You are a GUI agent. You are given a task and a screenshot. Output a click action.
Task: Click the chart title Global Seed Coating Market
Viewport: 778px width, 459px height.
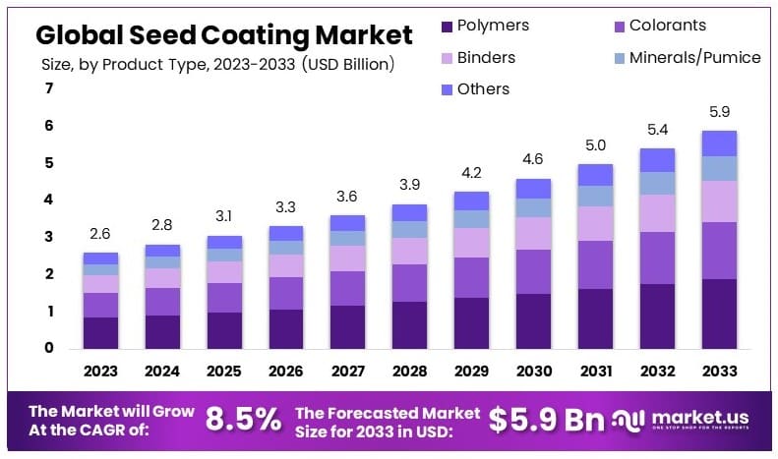click(224, 35)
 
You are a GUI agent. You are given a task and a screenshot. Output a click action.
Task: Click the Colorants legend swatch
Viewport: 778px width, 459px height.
click(619, 26)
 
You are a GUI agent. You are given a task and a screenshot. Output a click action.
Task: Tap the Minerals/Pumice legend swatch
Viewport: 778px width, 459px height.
click(619, 57)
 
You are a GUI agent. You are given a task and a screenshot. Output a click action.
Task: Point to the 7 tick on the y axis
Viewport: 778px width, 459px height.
click(48, 89)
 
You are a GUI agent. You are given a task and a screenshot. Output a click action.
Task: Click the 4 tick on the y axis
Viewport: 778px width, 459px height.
click(48, 200)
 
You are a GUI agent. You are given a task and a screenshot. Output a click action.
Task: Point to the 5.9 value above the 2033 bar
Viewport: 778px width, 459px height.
click(719, 113)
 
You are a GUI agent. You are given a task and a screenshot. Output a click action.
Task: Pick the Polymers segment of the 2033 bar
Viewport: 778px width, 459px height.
click(719, 314)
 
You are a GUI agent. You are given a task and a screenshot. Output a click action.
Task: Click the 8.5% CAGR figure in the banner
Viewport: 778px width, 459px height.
click(243, 420)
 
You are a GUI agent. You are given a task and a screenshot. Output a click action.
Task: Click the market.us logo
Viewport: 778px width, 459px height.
click(689, 420)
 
